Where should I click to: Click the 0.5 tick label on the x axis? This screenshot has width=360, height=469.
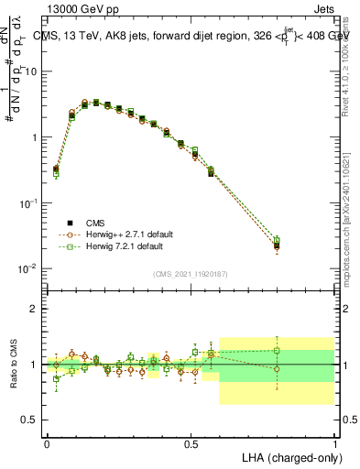[191, 443]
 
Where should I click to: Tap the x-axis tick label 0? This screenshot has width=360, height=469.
[47, 443]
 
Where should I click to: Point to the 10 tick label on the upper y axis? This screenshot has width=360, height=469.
[32, 71]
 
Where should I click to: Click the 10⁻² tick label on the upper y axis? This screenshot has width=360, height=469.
[29, 268]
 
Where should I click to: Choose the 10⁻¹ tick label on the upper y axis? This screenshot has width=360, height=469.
[29, 202]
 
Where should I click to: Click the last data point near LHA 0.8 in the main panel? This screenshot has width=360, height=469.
[277, 245]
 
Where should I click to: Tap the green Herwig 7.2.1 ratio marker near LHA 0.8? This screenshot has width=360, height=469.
[277, 350]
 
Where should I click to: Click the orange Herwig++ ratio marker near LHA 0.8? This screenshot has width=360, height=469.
[277, 369]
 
